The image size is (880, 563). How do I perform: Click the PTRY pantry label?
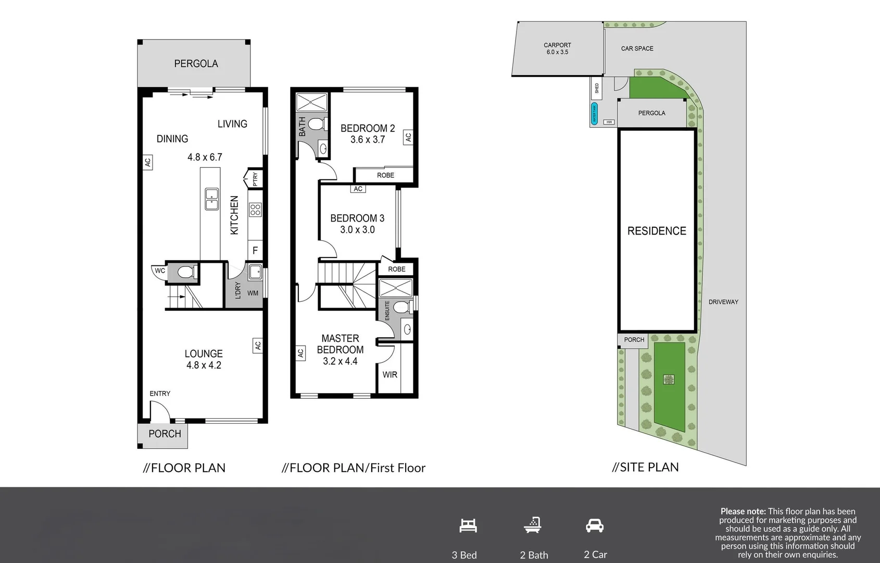click(x=255, y=179)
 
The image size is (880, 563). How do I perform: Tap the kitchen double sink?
click(x=211, y=199)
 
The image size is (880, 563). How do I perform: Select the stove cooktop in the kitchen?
click(x=255, y=210)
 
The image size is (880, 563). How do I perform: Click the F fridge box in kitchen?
click(x=255, y=250)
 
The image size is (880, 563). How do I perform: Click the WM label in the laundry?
click(x=253, y=293)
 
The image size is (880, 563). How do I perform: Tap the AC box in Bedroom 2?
click(x=408, y=137)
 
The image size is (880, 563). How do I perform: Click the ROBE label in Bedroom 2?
click(x=385, y=175)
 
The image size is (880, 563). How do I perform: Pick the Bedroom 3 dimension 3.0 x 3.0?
click(x=357, y=230)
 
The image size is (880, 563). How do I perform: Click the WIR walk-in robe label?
click(x=389, y=374)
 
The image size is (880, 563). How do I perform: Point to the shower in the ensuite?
click(x=395, y=288)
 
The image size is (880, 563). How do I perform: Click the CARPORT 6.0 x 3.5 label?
click(x=557, y=48)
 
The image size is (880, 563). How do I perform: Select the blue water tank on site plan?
click(x=594, y=114)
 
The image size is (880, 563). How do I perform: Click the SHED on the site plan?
click(x=597, y=88)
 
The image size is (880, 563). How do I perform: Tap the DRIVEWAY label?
click(x=723, y=302)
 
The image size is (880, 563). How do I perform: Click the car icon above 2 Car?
click(x=594, y=525)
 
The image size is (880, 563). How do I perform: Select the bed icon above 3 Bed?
click(x=468, y=525)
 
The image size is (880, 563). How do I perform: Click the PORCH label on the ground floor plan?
click(x=165, y=434)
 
